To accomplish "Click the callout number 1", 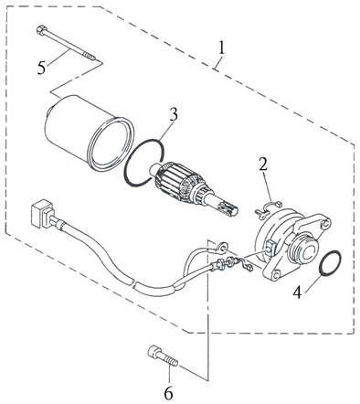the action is click(x=221, y=48).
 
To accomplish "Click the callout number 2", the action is click(x=263, y=164).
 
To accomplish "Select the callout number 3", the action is click(x=174, y=114).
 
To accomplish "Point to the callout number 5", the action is click(x=41, y=68).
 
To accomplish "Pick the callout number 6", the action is click(x=168, y=393).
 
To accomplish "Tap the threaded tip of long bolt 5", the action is click(x=90, y=57).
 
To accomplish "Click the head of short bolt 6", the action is click(x=154, y=352).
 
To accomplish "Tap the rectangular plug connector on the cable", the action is click(x=42, y=213).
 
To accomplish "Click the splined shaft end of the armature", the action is click(x=226, y=208).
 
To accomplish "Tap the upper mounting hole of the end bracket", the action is click(x=325, y=223).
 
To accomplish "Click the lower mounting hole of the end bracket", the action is click(x=275, y=275).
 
